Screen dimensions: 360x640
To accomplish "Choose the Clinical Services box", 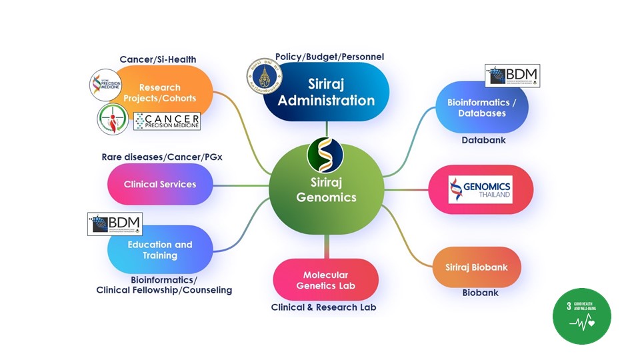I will pyautogui.click(x=160, y=184).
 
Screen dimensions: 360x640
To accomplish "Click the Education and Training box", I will pyautogui.click(x=160, y=250).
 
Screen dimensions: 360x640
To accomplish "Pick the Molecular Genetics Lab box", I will pyautogui.click(x=326, y=280).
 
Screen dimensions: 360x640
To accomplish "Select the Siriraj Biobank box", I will pyautogui.click(x=477, y=267).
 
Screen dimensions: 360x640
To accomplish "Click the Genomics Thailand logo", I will pyautogui.click(x=480, y=189).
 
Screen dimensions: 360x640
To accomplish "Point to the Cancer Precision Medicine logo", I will pyautogui.click(x=167, y=121).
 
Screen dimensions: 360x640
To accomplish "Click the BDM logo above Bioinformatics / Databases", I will pyautogui.click(x=512, y=76).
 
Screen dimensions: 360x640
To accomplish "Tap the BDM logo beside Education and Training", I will pyautogui.click(x=115, y=224).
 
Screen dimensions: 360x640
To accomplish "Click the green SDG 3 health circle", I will pyautogui.click(x=582, y=316).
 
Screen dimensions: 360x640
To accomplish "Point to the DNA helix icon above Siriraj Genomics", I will pyautogui.click(x=325, y=153).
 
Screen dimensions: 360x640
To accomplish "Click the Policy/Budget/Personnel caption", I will pyautogui.click(x=329, y=57).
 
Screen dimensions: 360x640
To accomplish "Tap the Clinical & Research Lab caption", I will pyautogui.click(x=324, y=307).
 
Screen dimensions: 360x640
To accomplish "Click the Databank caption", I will pyautogui.click(x=484, y=141).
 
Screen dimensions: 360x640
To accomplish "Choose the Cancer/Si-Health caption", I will pyautogui.click(x=158, y=59).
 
